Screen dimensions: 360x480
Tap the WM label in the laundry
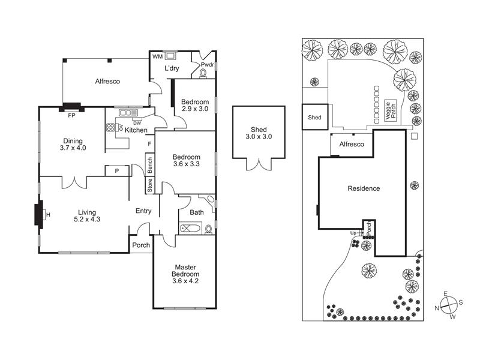157,56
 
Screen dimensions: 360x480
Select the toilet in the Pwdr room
203,73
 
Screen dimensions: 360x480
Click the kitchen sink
128,112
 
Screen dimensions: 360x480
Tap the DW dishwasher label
137,123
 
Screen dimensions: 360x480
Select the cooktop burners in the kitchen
112,127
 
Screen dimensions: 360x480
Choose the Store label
149,185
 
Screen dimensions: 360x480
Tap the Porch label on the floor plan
141,245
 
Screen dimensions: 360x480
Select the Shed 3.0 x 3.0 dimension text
259,137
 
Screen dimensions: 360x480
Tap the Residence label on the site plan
364,188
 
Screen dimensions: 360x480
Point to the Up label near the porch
354,232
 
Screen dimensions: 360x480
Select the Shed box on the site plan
314,118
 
